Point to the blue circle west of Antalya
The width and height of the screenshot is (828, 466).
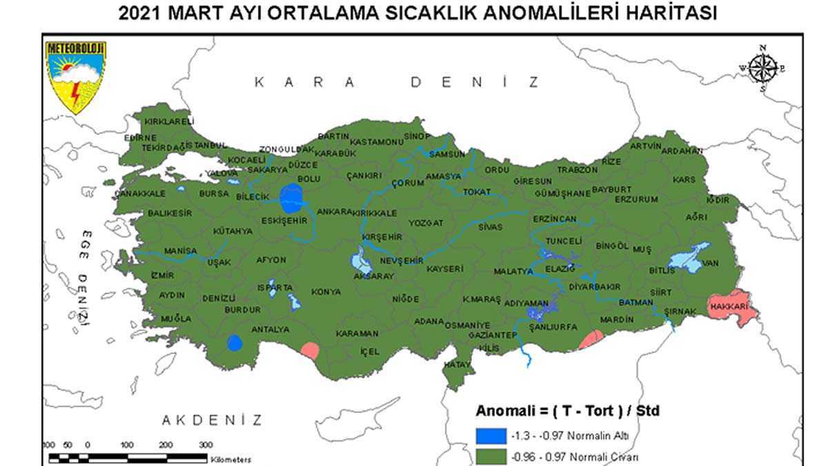pos(235,342)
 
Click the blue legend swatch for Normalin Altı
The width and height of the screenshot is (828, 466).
pos(490,436)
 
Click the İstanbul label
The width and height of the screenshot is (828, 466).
pos(204,145)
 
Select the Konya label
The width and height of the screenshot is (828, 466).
pos(326,292)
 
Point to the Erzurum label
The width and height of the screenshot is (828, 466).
pos(636,200)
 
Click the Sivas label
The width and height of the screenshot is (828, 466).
pos(491,226)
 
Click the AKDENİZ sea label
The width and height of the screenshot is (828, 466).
pos(212,420)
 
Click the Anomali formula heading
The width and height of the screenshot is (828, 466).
pos(567,411)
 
